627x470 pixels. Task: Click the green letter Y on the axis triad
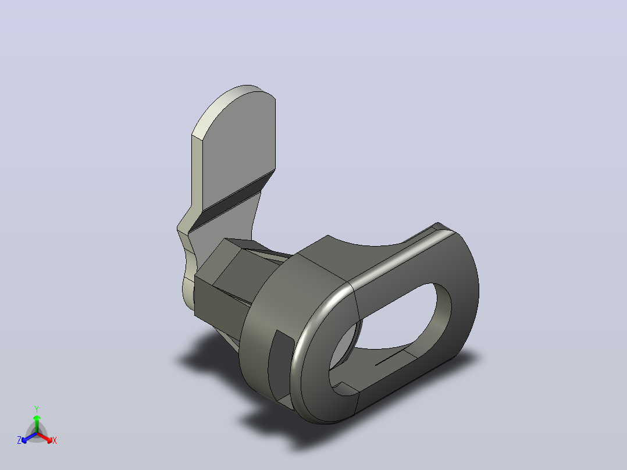pos(37,409)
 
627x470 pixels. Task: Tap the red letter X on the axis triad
pos(55,440)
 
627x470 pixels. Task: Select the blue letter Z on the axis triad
pos(19,440)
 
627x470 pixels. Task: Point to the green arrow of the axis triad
pos(37,423)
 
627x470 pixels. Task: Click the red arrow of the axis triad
pos(45,437)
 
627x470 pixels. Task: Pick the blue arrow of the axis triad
pos(29,437)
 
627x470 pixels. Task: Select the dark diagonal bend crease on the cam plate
pos(232,201)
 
